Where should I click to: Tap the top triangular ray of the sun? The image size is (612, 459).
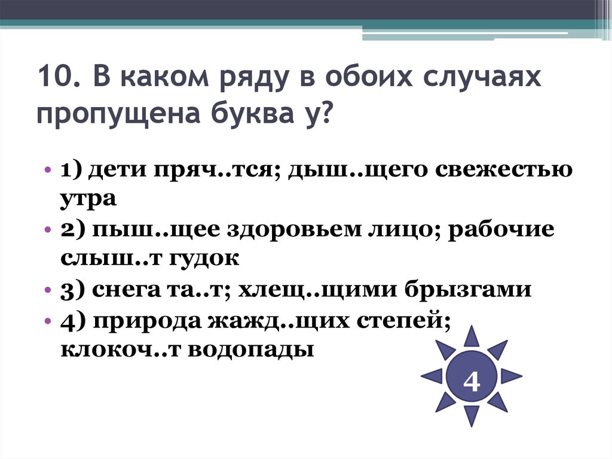pos(472,336)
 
